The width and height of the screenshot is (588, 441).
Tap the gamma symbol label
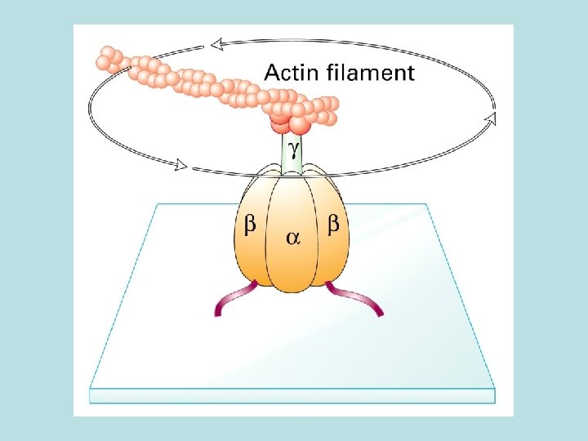[293, 146]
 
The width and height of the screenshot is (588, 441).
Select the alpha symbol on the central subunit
[292, 238]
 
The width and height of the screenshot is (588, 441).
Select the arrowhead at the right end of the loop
[491, 120]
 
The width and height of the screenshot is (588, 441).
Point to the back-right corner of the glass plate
[426, 204]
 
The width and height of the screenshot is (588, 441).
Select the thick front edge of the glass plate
[292, 396]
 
